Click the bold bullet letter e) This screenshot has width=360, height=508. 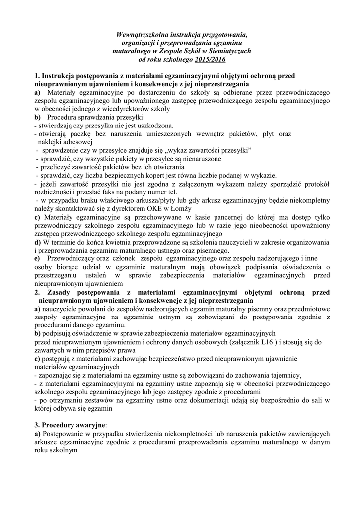(37, 258)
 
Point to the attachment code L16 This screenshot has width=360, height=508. (267, 342)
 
